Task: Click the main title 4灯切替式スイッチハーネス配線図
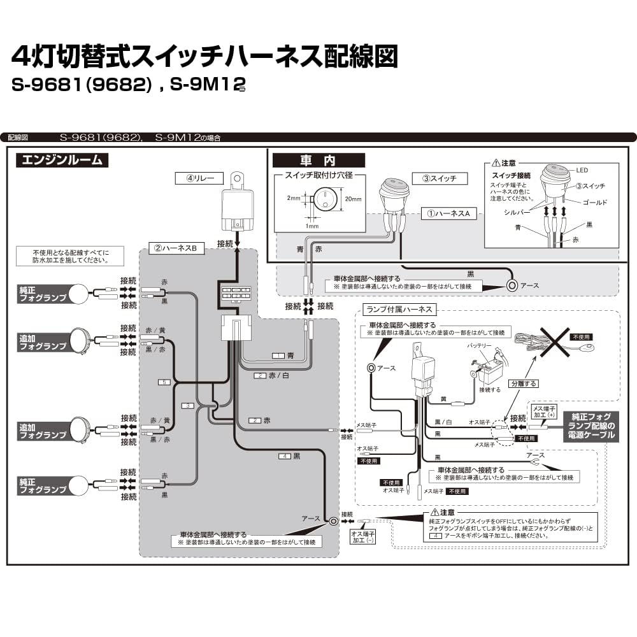204,57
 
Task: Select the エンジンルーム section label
62,160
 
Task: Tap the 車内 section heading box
318,161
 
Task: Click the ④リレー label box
200,178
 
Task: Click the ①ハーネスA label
448,214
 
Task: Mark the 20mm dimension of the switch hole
352,199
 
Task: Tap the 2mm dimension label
292,198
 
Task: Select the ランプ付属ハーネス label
399,310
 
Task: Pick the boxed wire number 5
165,382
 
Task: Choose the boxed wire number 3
187,406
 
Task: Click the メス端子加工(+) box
543,411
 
